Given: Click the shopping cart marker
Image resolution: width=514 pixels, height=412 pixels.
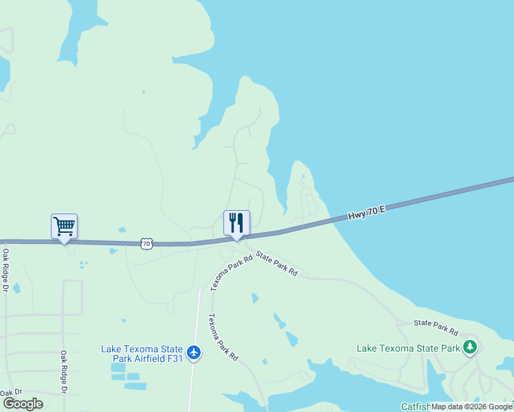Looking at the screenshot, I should point(64,225).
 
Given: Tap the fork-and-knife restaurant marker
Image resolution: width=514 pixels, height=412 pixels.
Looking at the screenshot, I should point(236,222).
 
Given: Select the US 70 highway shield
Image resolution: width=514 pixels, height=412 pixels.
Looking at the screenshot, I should point(146,243).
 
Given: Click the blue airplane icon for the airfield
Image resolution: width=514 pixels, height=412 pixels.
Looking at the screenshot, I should point(194,352).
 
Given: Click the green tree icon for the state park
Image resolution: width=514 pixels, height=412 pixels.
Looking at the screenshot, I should point(470,347).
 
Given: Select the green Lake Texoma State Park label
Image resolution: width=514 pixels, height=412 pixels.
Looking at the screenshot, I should point(407,348).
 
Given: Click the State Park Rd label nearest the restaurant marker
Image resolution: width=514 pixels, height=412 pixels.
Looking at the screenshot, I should point(277,264).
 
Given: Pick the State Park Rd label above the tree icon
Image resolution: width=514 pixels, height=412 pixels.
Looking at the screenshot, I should point(436,323).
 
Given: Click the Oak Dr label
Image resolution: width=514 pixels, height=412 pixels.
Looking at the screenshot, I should point(11,393).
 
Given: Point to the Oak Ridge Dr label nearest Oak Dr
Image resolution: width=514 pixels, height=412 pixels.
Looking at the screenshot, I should point(63,372).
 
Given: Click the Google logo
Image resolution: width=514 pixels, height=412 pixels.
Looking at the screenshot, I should point(22,404).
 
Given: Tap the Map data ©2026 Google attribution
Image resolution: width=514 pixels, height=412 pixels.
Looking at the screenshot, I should point(471,407).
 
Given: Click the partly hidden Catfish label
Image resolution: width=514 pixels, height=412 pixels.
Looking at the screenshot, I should point(416,407).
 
